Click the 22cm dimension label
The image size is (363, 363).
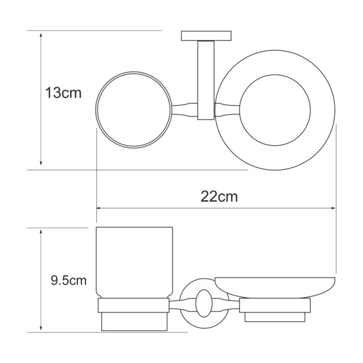[219, 197]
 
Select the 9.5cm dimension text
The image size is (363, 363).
[68, 281]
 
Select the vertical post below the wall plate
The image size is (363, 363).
[205, 78]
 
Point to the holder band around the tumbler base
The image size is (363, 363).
[134, 305]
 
